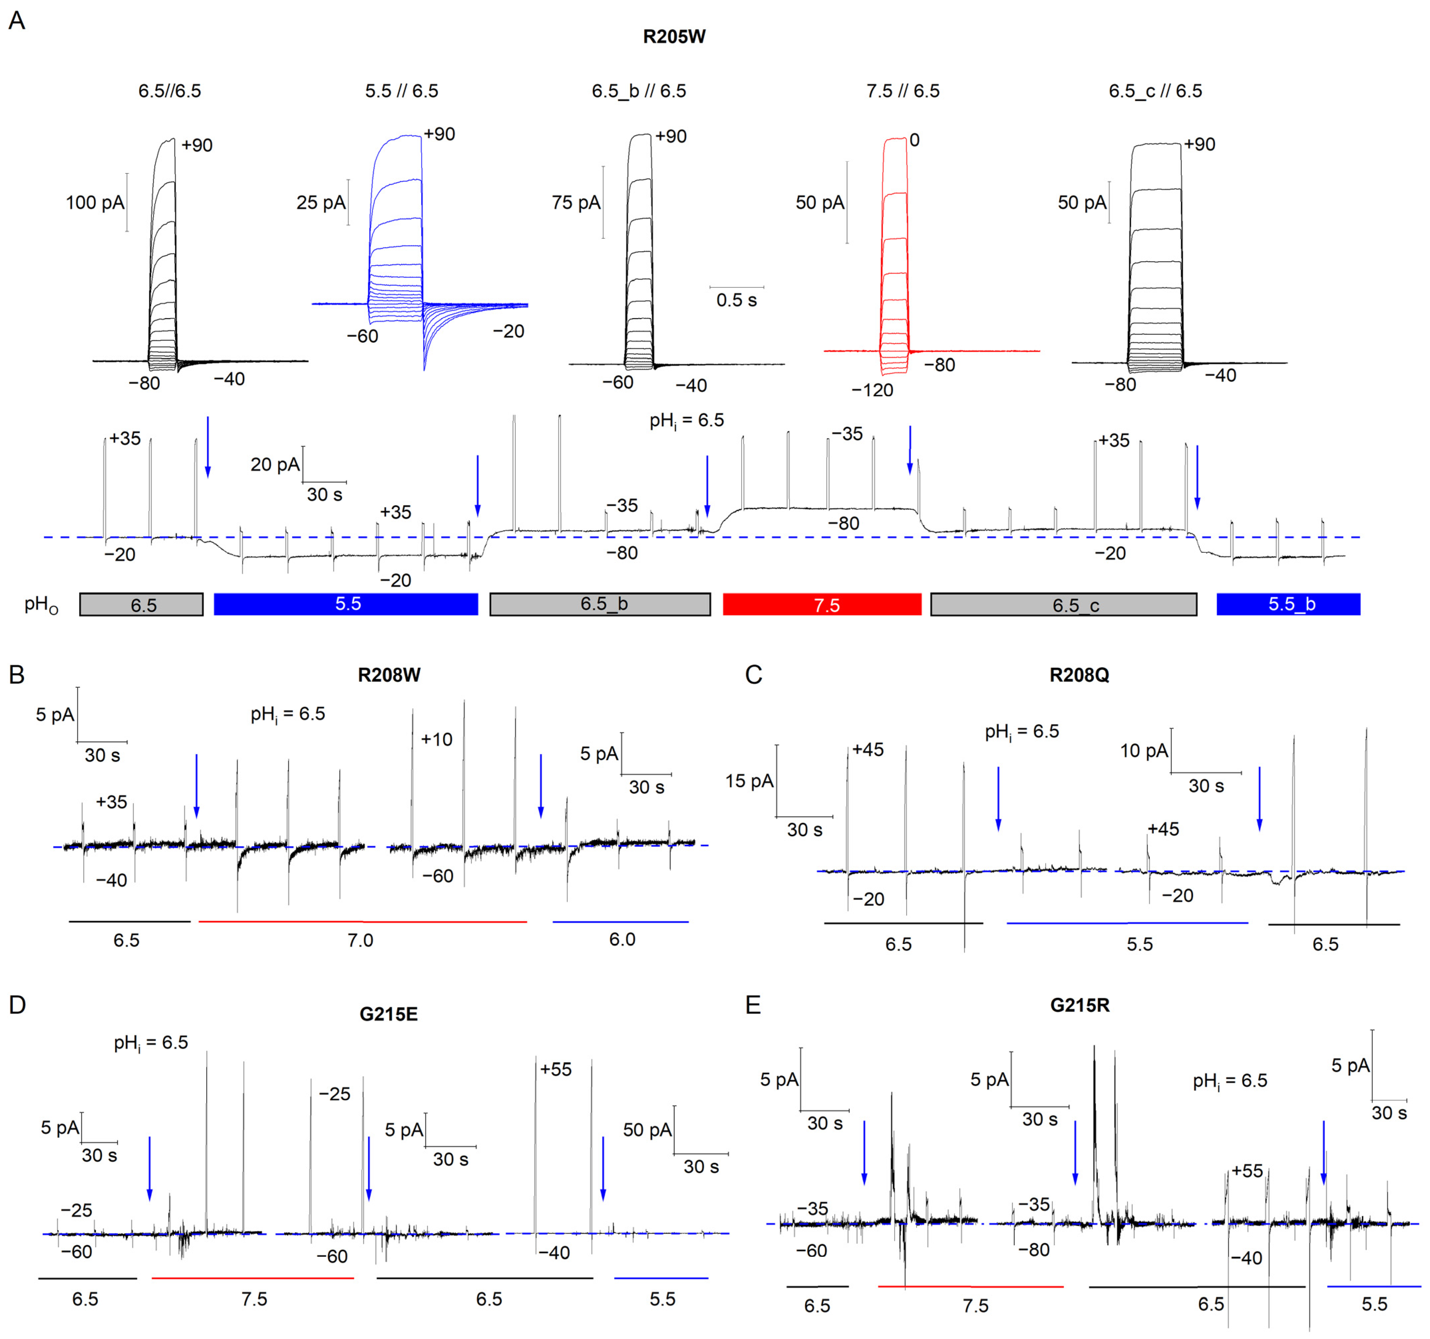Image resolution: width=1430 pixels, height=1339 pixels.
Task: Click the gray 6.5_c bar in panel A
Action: coord(1063,604)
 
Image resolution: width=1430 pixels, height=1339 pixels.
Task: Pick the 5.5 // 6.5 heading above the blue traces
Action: coord(401,91)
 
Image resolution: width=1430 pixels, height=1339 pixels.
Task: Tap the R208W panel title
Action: coord(389,675)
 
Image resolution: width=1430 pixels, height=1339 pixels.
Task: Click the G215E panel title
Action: coord(389,1014)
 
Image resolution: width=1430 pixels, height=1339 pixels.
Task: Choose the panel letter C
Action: coord(753,675)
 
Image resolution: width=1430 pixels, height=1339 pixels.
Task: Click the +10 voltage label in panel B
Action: coord(437,739)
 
